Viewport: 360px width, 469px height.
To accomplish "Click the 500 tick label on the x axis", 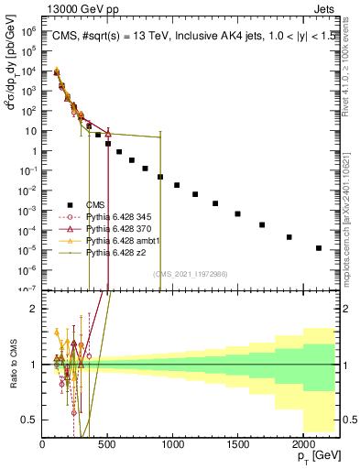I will coord(107,446).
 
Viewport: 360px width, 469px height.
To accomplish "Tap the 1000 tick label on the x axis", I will coord(172,446).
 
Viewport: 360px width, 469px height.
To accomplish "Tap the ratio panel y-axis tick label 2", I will coord(33,309).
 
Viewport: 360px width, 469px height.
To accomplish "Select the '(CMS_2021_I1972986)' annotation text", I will coord(190,274).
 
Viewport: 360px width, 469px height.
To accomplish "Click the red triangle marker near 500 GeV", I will coord(108,134).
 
